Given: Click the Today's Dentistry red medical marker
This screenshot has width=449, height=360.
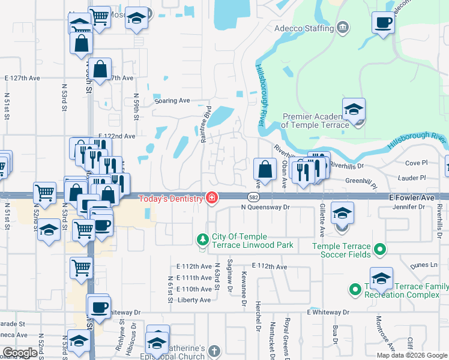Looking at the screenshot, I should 211,198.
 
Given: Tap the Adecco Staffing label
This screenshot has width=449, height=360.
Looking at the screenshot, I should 304,28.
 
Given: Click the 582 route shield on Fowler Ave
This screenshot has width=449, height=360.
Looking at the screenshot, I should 253,197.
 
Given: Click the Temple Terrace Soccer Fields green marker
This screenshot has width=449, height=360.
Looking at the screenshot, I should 379,248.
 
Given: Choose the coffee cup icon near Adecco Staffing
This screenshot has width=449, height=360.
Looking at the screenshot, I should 383,24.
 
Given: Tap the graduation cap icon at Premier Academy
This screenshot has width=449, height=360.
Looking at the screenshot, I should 354,110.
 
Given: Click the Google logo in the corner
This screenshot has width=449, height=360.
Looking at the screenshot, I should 20,353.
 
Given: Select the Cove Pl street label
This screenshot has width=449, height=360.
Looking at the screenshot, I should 415,163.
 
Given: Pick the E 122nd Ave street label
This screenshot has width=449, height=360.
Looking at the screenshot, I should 114,136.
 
